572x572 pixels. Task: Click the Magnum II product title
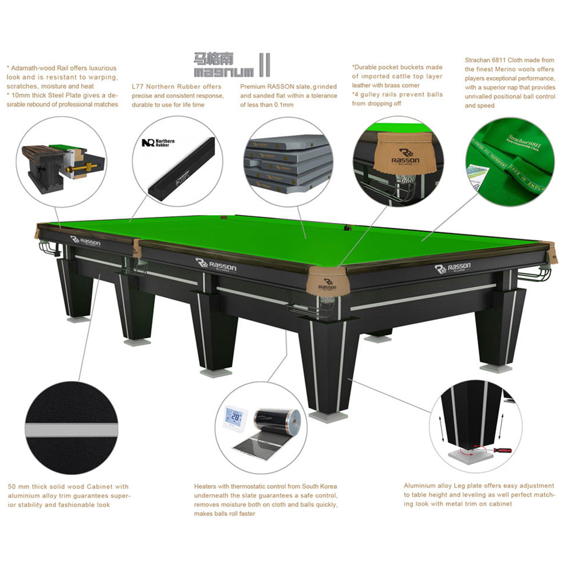231,66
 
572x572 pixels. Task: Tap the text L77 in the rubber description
137,86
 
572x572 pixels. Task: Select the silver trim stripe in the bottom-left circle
71,430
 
